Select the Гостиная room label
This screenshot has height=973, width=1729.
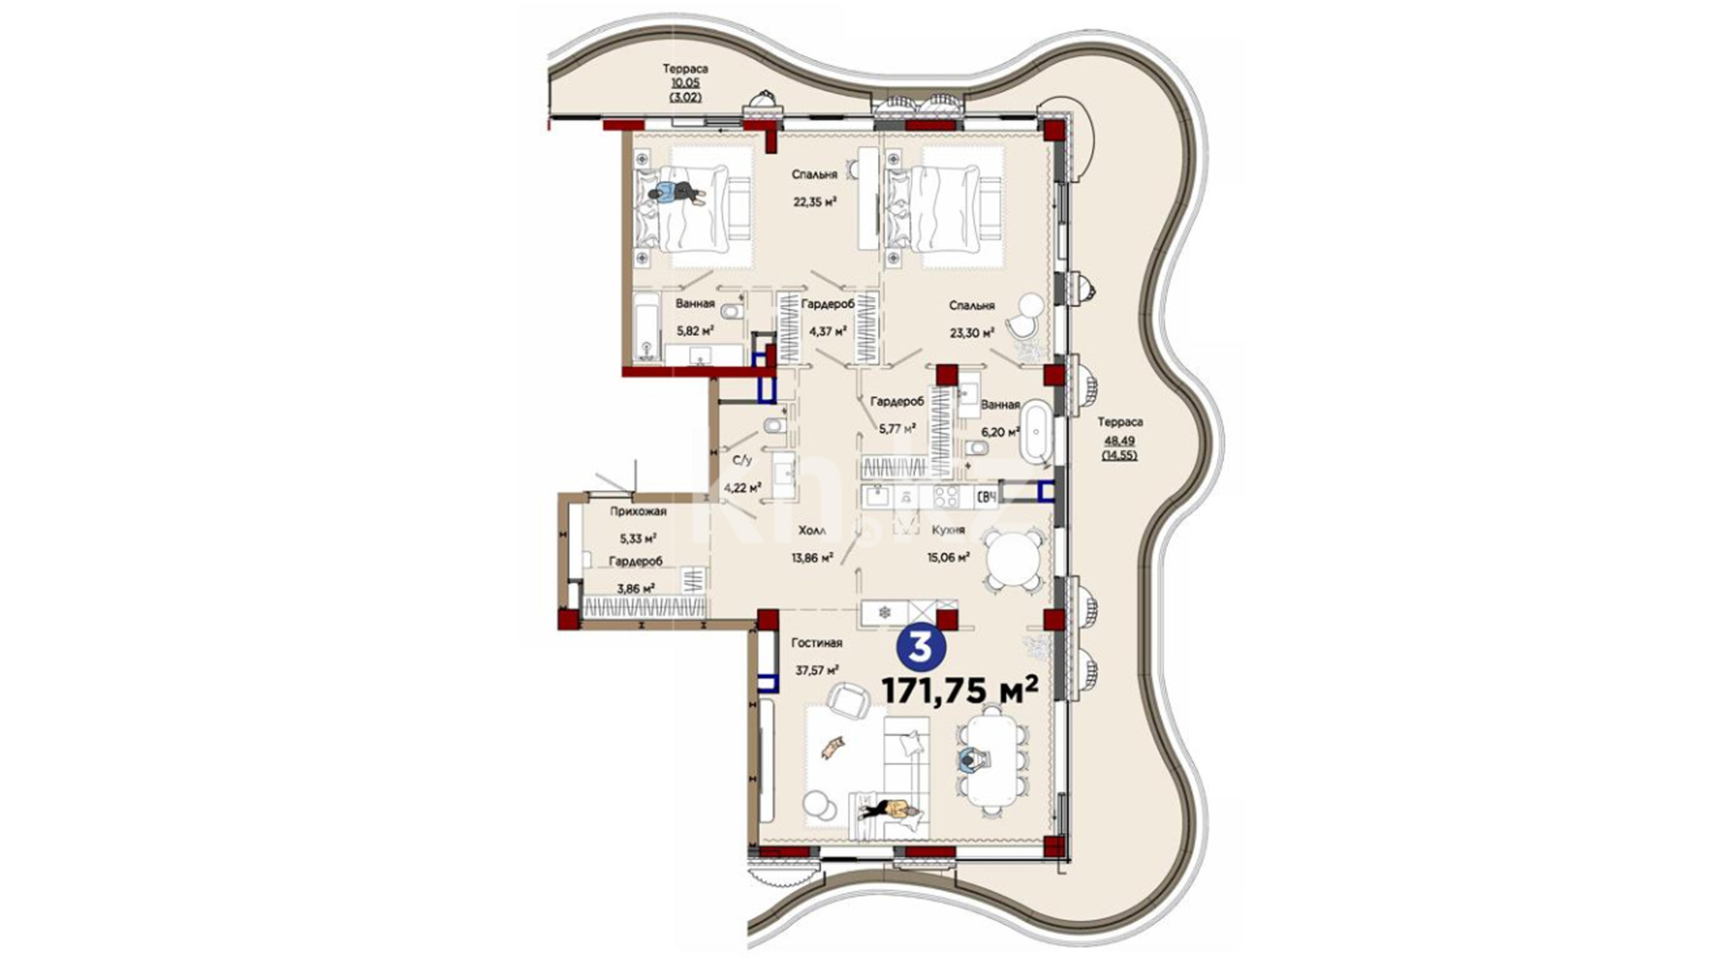pyautogui.click(x=817, y=643)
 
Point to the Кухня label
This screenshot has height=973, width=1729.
pyautogui.click(x=948, y=531)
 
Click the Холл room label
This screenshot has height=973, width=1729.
pyautogui.click(x=812, y=531)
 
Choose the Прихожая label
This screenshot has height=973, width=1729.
pyautogui.click(x=638, y=512)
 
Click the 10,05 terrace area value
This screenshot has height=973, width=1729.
pyautogui.click(x=685, y=82)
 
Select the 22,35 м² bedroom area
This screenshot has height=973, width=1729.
pyautogui.click(x=815, y=202)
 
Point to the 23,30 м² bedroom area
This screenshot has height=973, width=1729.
pyautogui.click(x=972, y=332)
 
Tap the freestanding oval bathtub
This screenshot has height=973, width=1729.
pyautogui.click(x=1036, y=432)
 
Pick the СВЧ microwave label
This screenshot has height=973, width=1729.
pyautogui.click(x=987, y=495)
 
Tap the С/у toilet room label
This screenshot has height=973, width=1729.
pyautogui.click(x=742, y=459)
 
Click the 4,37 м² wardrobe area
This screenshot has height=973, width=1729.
pyautogui.click(x=828, y=331)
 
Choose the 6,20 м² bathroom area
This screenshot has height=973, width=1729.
pyautogui.click(x=1000, y=432)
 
